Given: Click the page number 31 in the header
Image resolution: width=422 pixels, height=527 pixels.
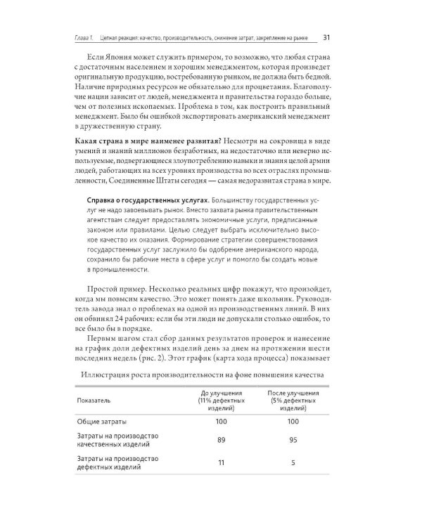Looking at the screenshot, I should tap(327, 37).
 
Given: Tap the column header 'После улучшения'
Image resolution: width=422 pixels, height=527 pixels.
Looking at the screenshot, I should tap(291, 398).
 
